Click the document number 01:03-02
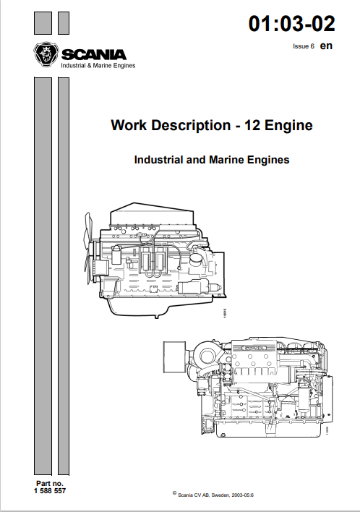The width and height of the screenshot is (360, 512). [x=291, y=24]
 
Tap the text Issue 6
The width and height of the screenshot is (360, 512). [x=303, y=46]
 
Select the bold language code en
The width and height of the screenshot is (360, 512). [x=326, y=46]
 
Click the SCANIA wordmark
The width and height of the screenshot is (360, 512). [x=93, y=54]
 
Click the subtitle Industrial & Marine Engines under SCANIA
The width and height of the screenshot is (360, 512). [x=97, y=65]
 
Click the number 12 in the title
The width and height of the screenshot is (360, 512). [x=252, y=125]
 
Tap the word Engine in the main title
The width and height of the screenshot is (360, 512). [x=289, y=125]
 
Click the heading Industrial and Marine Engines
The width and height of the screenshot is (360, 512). [x=212, y=159]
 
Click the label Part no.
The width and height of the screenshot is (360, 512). [x=48, y=482]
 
